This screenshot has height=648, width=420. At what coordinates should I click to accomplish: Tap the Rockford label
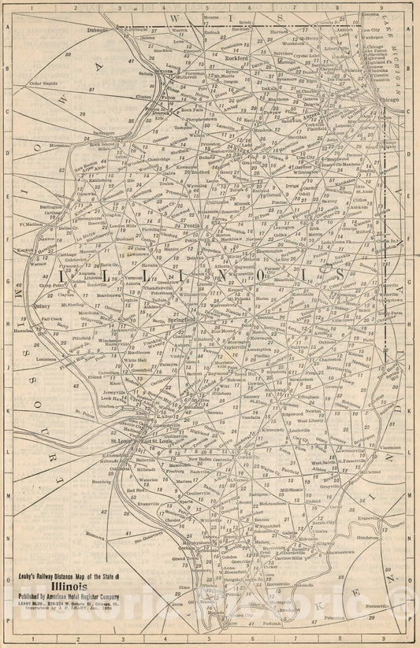[236, 57]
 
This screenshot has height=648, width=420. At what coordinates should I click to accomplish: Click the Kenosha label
[370, 15]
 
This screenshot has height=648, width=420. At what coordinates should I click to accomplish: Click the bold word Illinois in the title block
[79, 585]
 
